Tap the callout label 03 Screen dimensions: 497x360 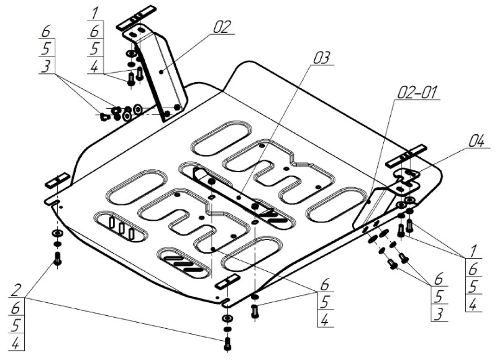(x=322, y=58)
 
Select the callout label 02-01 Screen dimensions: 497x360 (x=417, y=93)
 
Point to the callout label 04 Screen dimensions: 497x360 (x=476, y=141)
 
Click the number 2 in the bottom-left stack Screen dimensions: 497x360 (x=16, y=291)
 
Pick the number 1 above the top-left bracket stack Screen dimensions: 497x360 (x=94, y=13)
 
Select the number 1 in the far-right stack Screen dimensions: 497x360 (x=473, y=252)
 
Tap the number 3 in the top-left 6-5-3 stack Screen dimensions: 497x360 (x=47, y=67)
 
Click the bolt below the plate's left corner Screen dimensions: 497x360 (x=58, y=258)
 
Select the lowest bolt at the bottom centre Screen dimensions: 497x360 (x=227, y=344)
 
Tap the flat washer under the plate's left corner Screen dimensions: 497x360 (x=58, y=234)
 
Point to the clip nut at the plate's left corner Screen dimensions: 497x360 (x=57, y=180)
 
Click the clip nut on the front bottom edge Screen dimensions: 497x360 (x=228, y=282)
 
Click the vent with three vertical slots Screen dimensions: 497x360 (x=121, y=227)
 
